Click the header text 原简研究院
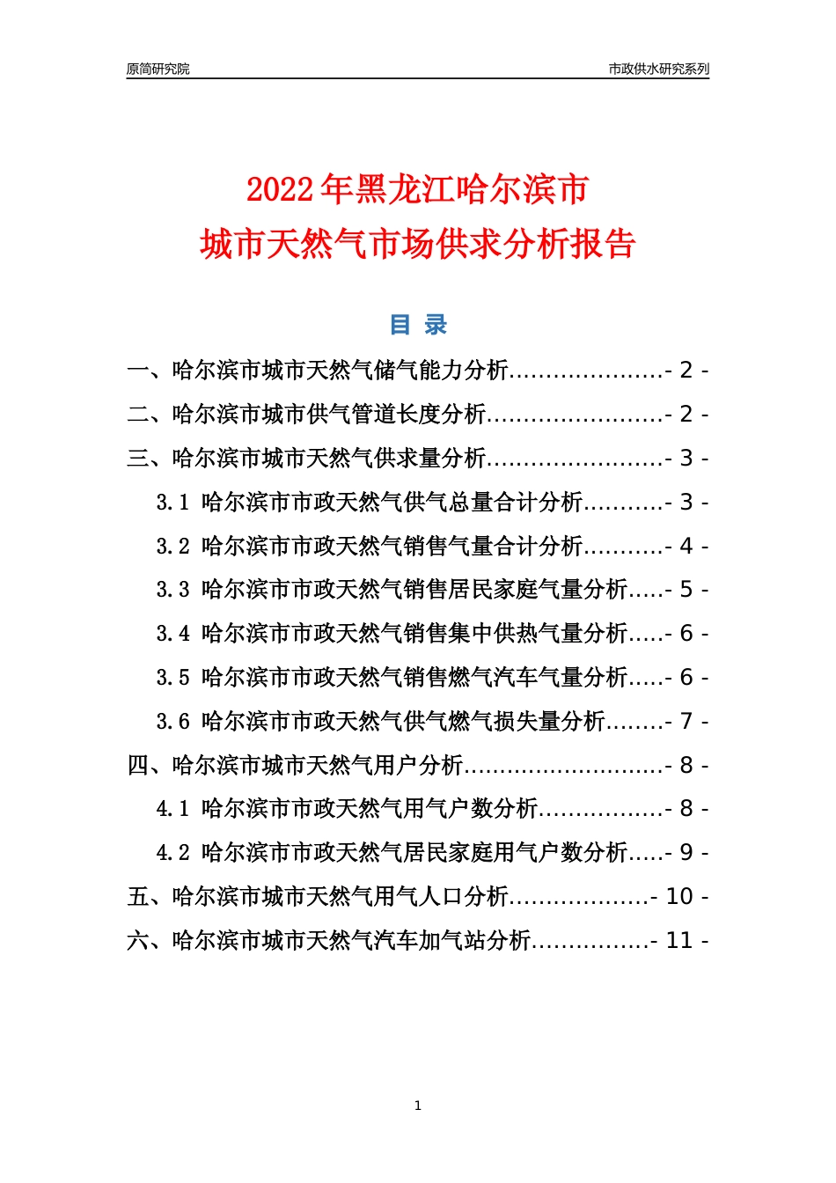(158, 69)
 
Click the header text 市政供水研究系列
(658, 69)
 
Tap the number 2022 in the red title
(279, 190)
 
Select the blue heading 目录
(418, 324)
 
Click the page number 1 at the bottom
(418, 1106)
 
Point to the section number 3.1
(172, 502)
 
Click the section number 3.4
(172, 633)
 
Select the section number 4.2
(172, 852)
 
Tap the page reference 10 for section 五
(679, 896)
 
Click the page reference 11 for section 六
(679, 940)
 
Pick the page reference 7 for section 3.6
(686, 721)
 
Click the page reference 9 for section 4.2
(686, 852)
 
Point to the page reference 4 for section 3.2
(686, 546)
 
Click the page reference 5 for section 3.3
(686, 590)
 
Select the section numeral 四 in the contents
(138, 765)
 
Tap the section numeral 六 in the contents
(138, 940)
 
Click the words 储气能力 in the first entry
(418, 371)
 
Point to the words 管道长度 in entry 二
(396, 414)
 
